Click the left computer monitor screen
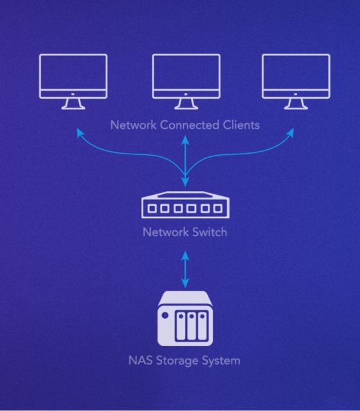(x=73, y=72)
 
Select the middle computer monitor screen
(x=186, y=72)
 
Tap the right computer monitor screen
(x=296, y=72)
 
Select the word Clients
(x=242, y=125)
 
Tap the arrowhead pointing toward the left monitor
(x=80, y=132)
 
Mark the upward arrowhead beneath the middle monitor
(x=186, y=140)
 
